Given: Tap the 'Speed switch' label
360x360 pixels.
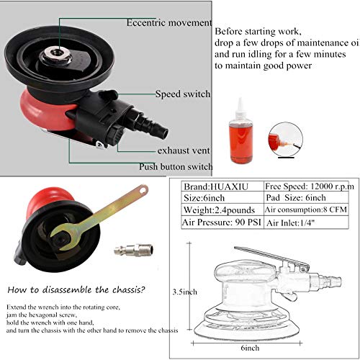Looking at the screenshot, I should click(183, 94).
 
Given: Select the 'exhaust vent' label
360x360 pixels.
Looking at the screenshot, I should click(184, 151).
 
